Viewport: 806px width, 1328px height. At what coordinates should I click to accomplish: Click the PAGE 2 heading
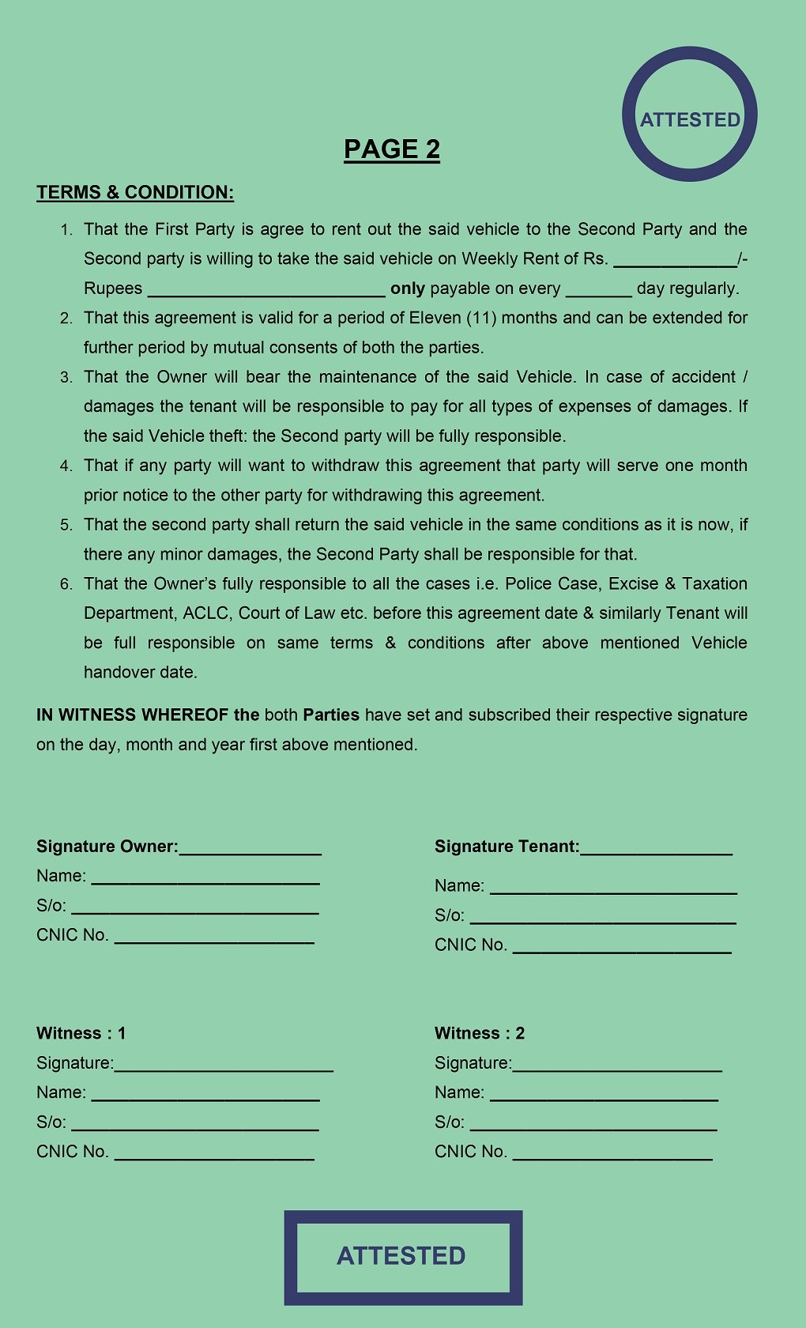tap(392, 149)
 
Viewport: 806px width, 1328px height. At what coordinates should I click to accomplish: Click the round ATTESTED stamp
tap(690, 115)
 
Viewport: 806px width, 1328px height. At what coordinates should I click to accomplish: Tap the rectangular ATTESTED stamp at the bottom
tap(403, 1257)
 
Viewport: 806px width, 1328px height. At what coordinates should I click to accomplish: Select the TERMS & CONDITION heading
tap(135, 192)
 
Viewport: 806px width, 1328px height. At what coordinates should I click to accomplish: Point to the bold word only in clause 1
tap(408, 289)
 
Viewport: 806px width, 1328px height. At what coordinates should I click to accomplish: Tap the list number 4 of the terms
tap(66, 466)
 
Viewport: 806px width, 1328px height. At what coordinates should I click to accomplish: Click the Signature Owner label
tap(107, 847)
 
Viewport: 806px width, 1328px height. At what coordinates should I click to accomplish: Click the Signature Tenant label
tap(507, 847)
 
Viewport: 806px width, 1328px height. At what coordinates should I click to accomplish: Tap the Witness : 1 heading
tap(81, 1033)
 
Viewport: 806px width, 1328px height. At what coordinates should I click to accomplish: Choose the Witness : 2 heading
tap(480, 1033)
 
